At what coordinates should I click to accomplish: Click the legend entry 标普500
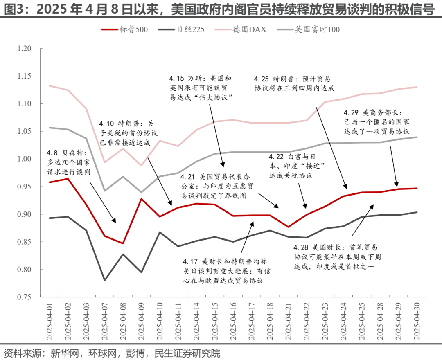click(x=124, y=29)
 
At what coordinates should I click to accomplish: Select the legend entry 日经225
click(x=181, y=29)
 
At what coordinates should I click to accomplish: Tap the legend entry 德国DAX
click(x=241, y=29)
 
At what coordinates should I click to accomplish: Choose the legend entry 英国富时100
click(x=309, y=29)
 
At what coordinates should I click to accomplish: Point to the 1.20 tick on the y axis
click(x=24, y=48)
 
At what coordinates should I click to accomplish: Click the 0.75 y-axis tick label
click(x=24, y=297)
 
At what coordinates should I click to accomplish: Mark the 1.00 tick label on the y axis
click(x=24, y=159)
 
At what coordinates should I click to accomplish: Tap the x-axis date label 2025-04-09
click(x=141, y=322)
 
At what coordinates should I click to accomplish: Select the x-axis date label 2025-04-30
click(x=417, y=322)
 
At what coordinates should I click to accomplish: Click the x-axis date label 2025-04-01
click(x=50, y=322)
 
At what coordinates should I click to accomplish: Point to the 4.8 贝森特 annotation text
click(x=68, y=162)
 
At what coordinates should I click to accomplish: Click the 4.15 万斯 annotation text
click(x=201, y=88)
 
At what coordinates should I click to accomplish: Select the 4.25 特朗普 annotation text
click(x=294, y=83)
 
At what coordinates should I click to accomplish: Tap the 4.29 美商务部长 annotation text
click(x=377, y=122)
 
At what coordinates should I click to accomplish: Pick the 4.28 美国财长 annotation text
click(x=337, y=257)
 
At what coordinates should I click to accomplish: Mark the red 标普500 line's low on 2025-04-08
click(x=123, y=243)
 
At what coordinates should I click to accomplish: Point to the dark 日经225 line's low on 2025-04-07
click(x=105, y=280)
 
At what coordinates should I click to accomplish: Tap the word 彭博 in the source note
click(x=135, y=353)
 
